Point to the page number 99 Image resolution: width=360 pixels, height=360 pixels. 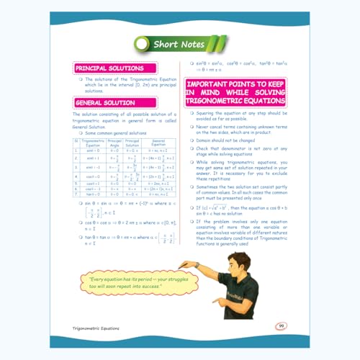pyautogui.click(x=281, y=325)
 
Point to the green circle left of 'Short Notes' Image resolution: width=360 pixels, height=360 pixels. pyautogui.click(x=143, y=45)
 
